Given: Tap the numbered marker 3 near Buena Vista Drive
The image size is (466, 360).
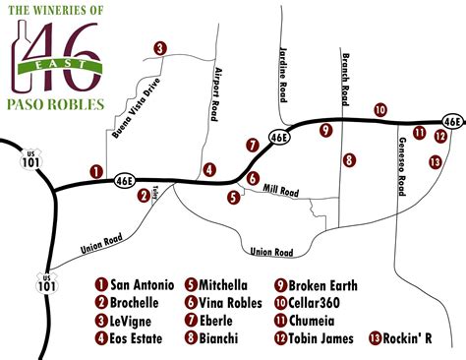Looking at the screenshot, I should [x=160, y=47].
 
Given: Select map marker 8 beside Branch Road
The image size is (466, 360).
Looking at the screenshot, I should [x=349, y=159].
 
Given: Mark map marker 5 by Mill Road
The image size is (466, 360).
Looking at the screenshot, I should [x=234, y=197].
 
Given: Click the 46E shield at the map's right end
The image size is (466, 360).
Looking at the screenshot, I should [x=451, y=121].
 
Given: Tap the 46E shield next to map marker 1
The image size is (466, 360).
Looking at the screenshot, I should [x=124, y=180].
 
